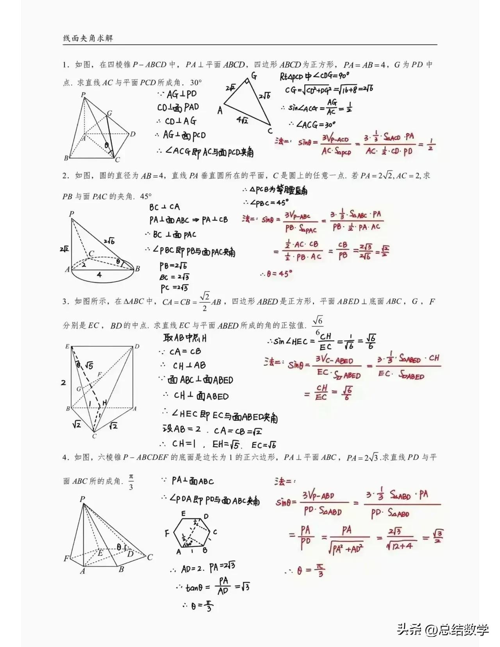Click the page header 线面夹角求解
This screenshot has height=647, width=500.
(x=88, y=38)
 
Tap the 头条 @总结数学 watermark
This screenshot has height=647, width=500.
(x=443, y=629)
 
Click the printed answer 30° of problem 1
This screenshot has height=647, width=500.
(x=196, y=83)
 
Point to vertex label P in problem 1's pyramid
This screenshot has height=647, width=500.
(x=83, y=95)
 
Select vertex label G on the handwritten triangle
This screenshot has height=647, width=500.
(x=254, y=75)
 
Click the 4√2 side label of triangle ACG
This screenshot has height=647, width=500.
(x=242, y=120)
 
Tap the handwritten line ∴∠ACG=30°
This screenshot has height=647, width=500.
(x=312, y=125)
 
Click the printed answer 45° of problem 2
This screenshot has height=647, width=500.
(x=146, y=196)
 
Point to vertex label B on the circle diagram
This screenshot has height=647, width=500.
(x=137, y=269)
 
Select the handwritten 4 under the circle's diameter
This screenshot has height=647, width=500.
(x=99, y=275)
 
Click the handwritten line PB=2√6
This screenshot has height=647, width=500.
(x=173, y=266)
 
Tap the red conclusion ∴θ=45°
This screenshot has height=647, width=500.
(x=276, y=274)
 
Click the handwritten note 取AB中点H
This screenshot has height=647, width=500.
(x=185, y=338)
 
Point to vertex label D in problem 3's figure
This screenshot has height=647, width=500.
(x=137, y=347)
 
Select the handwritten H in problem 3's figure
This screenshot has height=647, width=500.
(x=105, y=402)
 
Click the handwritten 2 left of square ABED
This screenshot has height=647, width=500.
(x=63, y=382)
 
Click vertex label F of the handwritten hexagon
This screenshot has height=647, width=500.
(x=167, y=533)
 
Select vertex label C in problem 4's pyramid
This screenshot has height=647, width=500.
(x=150, y=558)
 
